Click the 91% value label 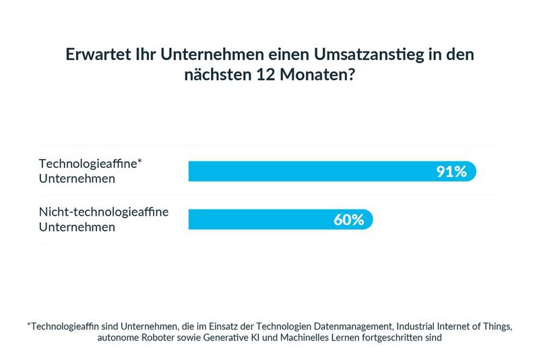click(x=451, y=171)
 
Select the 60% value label click(x=348, y=220)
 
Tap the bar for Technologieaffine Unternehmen click(x=310, y=171)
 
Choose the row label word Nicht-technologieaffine click(x=103, y=212)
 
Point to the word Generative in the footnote click(x=236, y=338)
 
